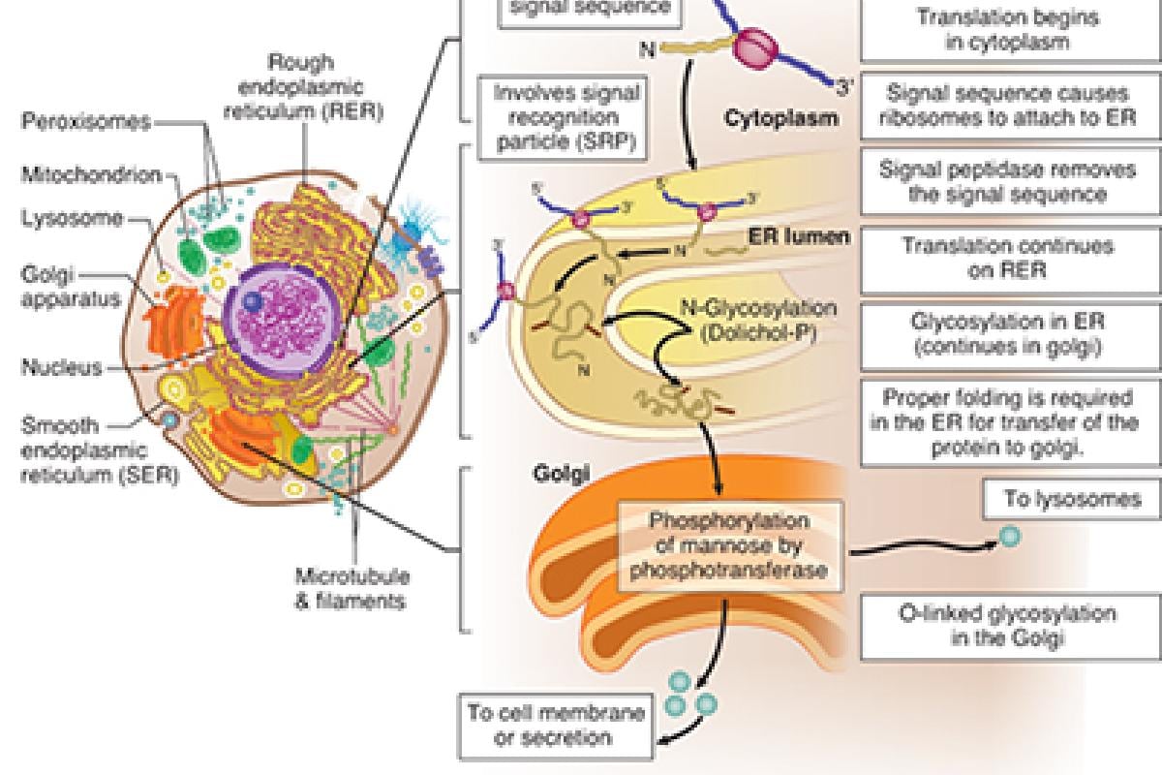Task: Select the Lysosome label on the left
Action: click(73, 218)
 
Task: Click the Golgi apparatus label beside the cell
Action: click(58, 287)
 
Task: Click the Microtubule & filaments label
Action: click(351, 588)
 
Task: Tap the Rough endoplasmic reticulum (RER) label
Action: click(303, 87)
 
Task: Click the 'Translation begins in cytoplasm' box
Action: click(1007, 29)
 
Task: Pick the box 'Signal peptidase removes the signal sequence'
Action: click(1007, 181)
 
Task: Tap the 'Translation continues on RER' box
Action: click(1007, 258)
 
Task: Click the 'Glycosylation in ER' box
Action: click(1007, 334)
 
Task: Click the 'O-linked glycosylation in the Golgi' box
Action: click(1007, 626)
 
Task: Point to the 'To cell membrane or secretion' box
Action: click(555, 725)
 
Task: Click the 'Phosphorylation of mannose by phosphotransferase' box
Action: click(728, 546)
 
